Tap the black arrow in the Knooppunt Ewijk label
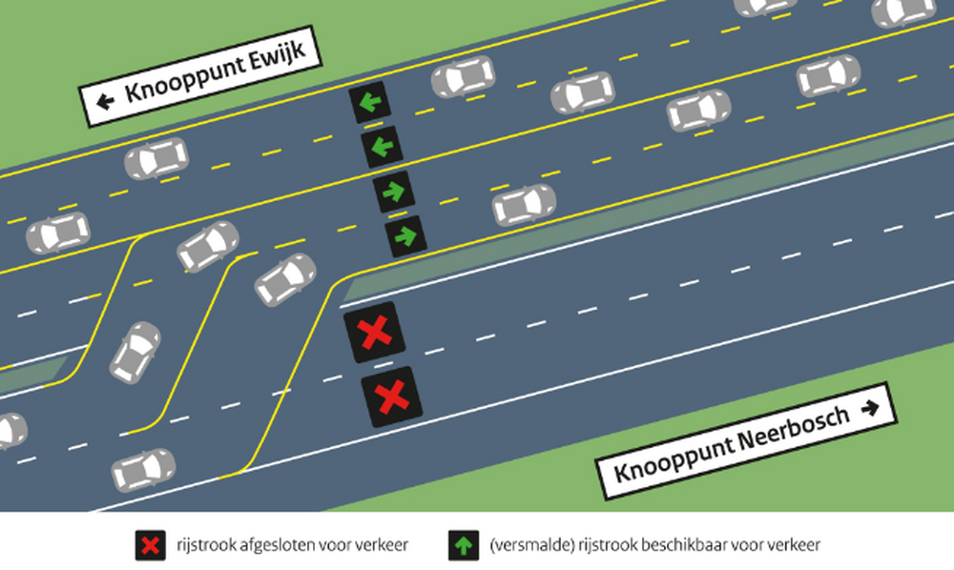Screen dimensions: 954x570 pos(105,101)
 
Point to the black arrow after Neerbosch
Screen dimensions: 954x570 pos(871,408)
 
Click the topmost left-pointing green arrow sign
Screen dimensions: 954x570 pos(370,102)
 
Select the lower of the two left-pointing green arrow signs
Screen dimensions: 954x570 pos(383,147)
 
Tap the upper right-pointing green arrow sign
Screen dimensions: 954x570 pos(394,192)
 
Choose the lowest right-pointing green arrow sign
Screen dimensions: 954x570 pos(406,235)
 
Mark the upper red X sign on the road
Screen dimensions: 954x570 pos(374,333)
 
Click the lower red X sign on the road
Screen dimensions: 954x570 pos(392,397)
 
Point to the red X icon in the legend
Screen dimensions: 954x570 pos(151,545)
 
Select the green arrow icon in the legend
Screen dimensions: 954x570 pos(464,545)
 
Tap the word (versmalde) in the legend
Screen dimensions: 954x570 pos(532,545)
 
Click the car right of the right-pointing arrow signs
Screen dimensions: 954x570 pos(524,205)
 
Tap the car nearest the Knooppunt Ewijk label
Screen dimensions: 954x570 pos(156,158)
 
